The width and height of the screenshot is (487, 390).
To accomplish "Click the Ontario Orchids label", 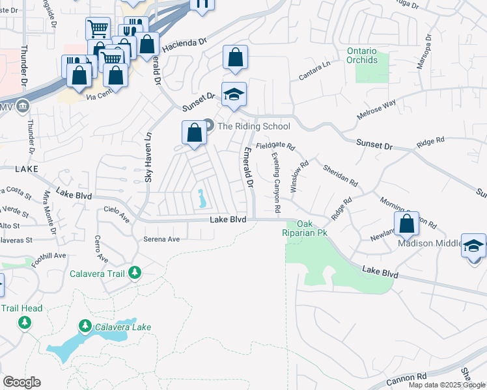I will [362, 55].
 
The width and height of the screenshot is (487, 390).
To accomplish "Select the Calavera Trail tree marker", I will [135, 273].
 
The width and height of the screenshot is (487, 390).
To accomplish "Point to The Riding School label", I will [253, 126].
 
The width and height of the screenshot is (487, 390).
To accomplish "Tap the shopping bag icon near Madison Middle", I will [406, 225].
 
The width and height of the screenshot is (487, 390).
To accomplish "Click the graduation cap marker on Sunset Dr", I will [234, 96].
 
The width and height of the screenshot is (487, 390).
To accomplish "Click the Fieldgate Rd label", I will [275, 147].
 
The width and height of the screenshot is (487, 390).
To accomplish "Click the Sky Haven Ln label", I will [149, 157].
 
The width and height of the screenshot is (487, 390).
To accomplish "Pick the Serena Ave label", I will [161, 239].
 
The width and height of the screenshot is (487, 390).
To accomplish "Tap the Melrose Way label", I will [377, 109].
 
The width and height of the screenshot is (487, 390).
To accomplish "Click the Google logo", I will [21, 382].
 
